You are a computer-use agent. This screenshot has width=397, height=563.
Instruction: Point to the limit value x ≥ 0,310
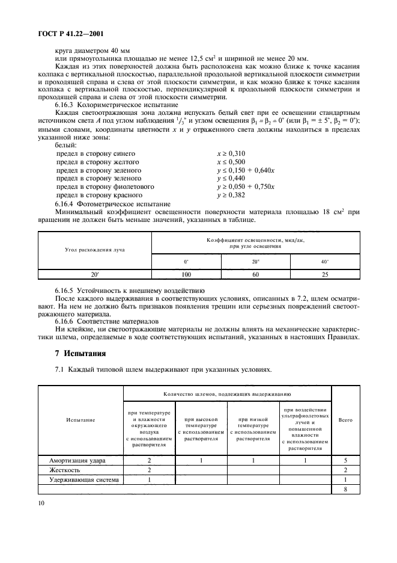pos(232,153)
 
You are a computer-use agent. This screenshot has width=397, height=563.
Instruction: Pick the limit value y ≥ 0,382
pos(232,195)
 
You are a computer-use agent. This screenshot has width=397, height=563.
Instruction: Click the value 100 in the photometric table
pos(186,274)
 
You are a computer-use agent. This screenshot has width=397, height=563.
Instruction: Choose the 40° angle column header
pos(325,262)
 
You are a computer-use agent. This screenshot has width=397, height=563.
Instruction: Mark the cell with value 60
pos(255,274)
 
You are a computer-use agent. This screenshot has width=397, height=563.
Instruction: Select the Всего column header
pos(345,419)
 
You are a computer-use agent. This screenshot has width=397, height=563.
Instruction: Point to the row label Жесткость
pos(62,470)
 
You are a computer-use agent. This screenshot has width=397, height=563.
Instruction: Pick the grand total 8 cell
pos(345,490)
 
